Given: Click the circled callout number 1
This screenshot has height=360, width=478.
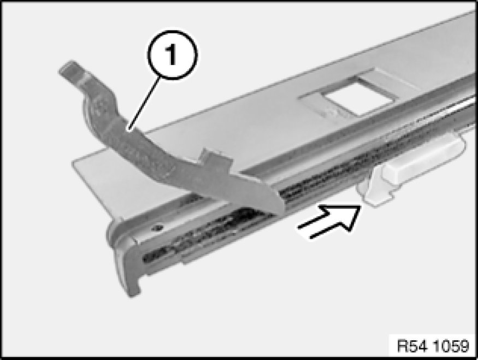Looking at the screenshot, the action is pos(172,55).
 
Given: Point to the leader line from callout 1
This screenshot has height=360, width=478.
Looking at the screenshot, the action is pos(144,104).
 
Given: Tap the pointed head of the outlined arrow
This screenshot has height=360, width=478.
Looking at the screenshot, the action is pos(359,207).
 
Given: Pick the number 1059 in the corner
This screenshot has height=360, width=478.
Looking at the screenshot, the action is pos(451,346).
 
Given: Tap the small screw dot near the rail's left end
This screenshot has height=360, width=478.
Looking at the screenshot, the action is pos(158,227).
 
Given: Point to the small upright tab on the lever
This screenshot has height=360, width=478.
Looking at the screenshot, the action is pos(211,155).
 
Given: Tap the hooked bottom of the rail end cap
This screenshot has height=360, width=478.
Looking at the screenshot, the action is pos(133,290).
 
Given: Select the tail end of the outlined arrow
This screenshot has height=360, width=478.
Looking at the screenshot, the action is pos(305,232).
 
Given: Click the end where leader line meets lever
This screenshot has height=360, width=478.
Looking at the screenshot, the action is pos(129,131).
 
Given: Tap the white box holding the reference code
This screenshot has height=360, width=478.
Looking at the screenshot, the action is pos(433,346).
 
